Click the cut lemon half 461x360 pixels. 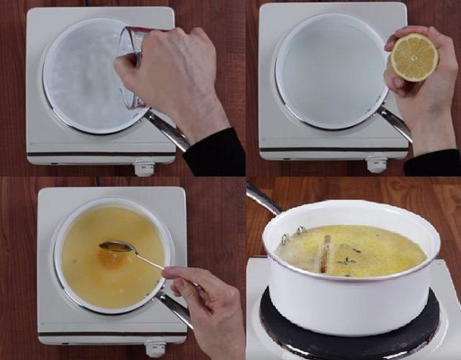(x=414, y=57)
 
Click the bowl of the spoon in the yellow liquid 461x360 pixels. (x=115, y=247)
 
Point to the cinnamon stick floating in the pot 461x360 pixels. (x=325, y=254)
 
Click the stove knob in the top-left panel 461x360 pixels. (x=144, y=167)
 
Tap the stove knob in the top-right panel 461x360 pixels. (x=376, y=164)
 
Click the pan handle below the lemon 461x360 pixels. (x=394, y=122)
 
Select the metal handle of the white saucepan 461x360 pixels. (x=263, y=199)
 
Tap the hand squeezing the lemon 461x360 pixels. (x=421, y=101)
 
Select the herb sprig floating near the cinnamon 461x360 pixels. (x=349, y=261)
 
